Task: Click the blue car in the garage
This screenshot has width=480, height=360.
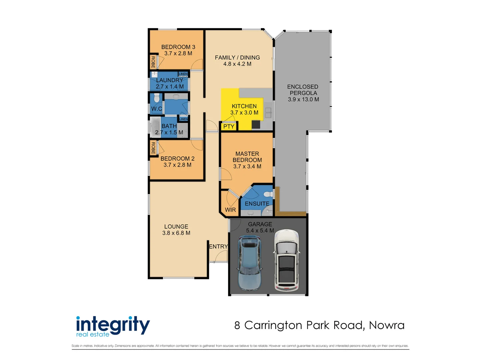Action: tap(249, 263)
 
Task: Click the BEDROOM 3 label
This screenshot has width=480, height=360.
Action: tap(178, 47)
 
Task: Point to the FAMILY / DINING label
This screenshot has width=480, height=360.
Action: tap(237, 58)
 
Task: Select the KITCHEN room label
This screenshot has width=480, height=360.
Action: tap(244, 106)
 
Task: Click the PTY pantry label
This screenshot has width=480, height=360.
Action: tap(229, 127)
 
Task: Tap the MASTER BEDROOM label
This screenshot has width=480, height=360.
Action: tap(247, 157)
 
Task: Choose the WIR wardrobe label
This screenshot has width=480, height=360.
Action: tap(230, 210)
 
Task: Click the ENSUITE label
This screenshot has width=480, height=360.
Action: tap(257, 203)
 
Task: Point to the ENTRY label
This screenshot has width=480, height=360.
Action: tap(218, 246)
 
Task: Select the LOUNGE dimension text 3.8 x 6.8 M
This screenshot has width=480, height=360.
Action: tap(176, 233)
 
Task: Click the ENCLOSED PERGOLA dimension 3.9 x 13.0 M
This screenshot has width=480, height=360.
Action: tap(303, 99)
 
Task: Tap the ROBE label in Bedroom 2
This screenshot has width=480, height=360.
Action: tap(153, 148)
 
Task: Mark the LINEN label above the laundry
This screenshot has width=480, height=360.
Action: tap(183, 74)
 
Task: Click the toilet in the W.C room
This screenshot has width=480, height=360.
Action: tap(157, 98)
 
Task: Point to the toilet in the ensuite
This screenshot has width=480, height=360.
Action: tap(268, 194)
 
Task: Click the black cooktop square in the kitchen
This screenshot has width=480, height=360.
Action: tap(256, 124)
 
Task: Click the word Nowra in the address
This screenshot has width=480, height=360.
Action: tap(386, 325)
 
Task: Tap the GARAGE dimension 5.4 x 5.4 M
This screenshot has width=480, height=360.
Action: tap(260, 230)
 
